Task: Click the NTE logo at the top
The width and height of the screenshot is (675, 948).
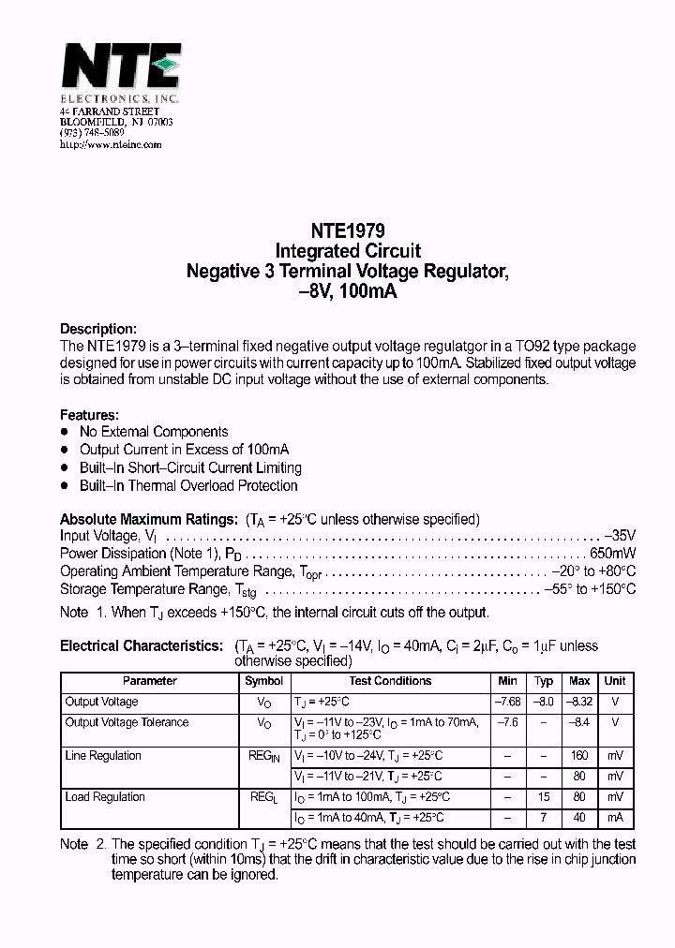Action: [x=121, y=70]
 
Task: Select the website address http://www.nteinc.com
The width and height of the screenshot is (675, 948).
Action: [x=111, y=144]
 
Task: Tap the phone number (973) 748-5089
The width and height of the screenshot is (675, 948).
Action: [x=92, y=133]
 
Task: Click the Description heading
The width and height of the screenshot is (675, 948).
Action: [x=98, y=329]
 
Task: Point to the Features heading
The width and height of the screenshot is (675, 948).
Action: [x=89, y=414]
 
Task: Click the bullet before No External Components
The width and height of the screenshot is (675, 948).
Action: [x=65, y=432]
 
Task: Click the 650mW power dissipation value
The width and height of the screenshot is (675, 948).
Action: [x=613, y=554]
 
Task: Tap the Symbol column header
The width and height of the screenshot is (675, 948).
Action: [x=263, y=681]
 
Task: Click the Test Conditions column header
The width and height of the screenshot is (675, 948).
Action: [x=390, y=681]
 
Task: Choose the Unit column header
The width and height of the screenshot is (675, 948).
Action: [x=615, y=681]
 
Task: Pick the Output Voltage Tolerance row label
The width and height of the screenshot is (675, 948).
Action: [x=127, y=722]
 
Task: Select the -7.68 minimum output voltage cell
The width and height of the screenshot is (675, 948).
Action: [x=507, y=702]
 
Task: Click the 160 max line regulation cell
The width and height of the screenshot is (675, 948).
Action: [x=579, y=756]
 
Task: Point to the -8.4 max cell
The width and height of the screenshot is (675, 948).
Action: [x=579, y=722]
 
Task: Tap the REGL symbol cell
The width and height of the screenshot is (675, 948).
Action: [x=263, y=798]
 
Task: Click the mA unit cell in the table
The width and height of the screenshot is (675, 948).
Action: [x=615, y=818]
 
